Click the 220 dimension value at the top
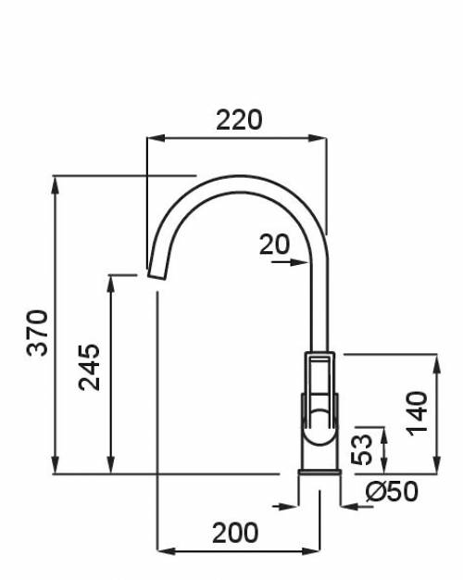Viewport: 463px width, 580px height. [x=239, y=120]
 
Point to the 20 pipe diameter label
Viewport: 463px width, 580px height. [x=274, y=245]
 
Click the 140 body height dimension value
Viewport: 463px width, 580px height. [x=418, y=413]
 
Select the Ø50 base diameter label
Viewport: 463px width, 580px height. [x=392, y=492]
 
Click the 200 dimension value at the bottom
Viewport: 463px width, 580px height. [x=235, y=534]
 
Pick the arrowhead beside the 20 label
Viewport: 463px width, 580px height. [x=299, y=261]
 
